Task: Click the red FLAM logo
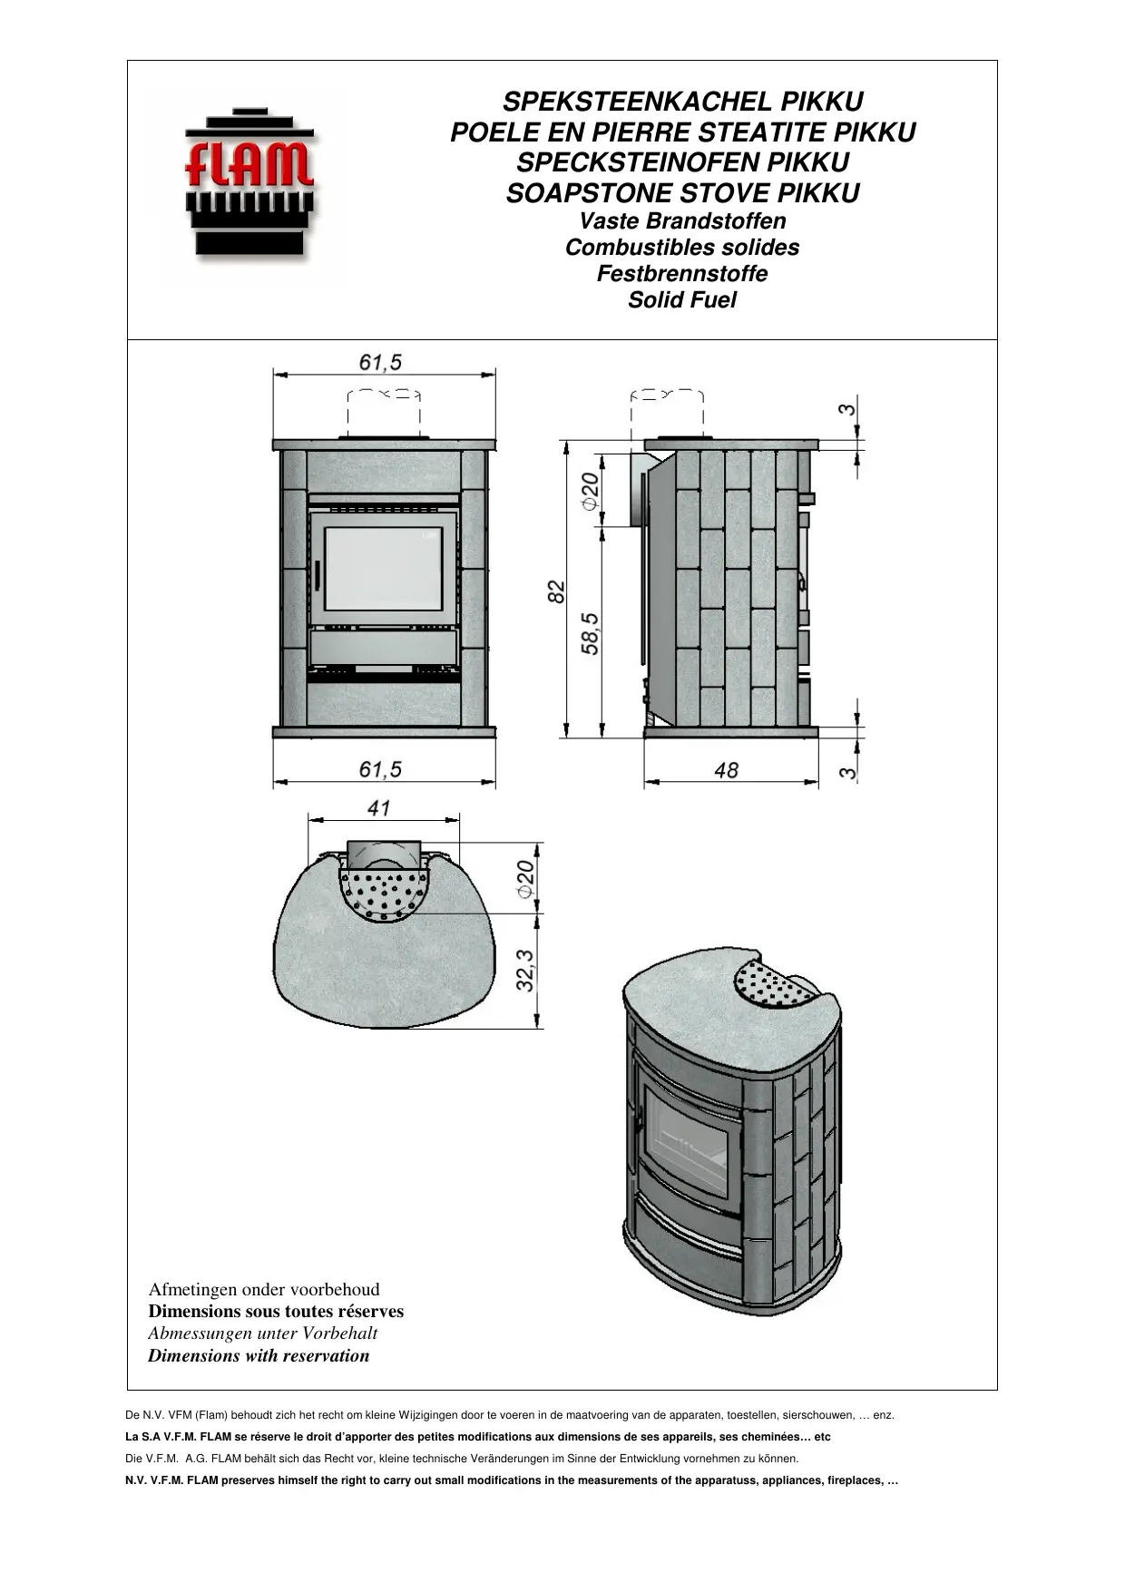(249, 181)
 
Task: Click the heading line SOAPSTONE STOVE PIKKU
(682, 193)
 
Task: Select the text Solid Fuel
(682, 300)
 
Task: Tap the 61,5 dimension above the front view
(380, 363)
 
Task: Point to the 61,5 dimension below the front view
(380, 769)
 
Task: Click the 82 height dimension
(557, 591)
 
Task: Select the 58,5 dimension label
(591, 633)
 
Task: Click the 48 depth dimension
(726, 770)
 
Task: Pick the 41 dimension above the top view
(378, 807)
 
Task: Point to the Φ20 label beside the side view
(591, 490)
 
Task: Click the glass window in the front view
(383, 569)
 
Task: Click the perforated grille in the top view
(383, 894)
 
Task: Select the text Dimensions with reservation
(259, 1356)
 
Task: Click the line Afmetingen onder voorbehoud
(264, 1290)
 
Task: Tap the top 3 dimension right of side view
(846, 409)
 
